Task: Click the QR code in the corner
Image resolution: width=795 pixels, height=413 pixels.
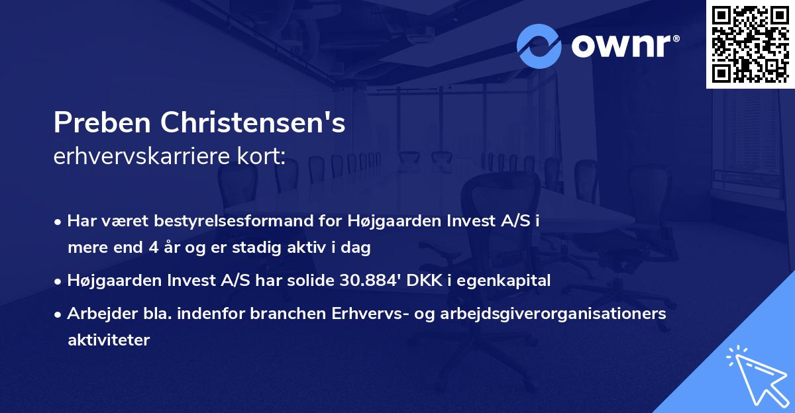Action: [x=750, y=44]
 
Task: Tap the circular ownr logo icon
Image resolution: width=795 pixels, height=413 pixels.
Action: [x=539, y=46]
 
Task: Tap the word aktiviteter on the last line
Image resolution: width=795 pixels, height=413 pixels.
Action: [x=109, y=340]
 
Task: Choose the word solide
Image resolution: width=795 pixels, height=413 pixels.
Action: [x=311, y=281]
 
